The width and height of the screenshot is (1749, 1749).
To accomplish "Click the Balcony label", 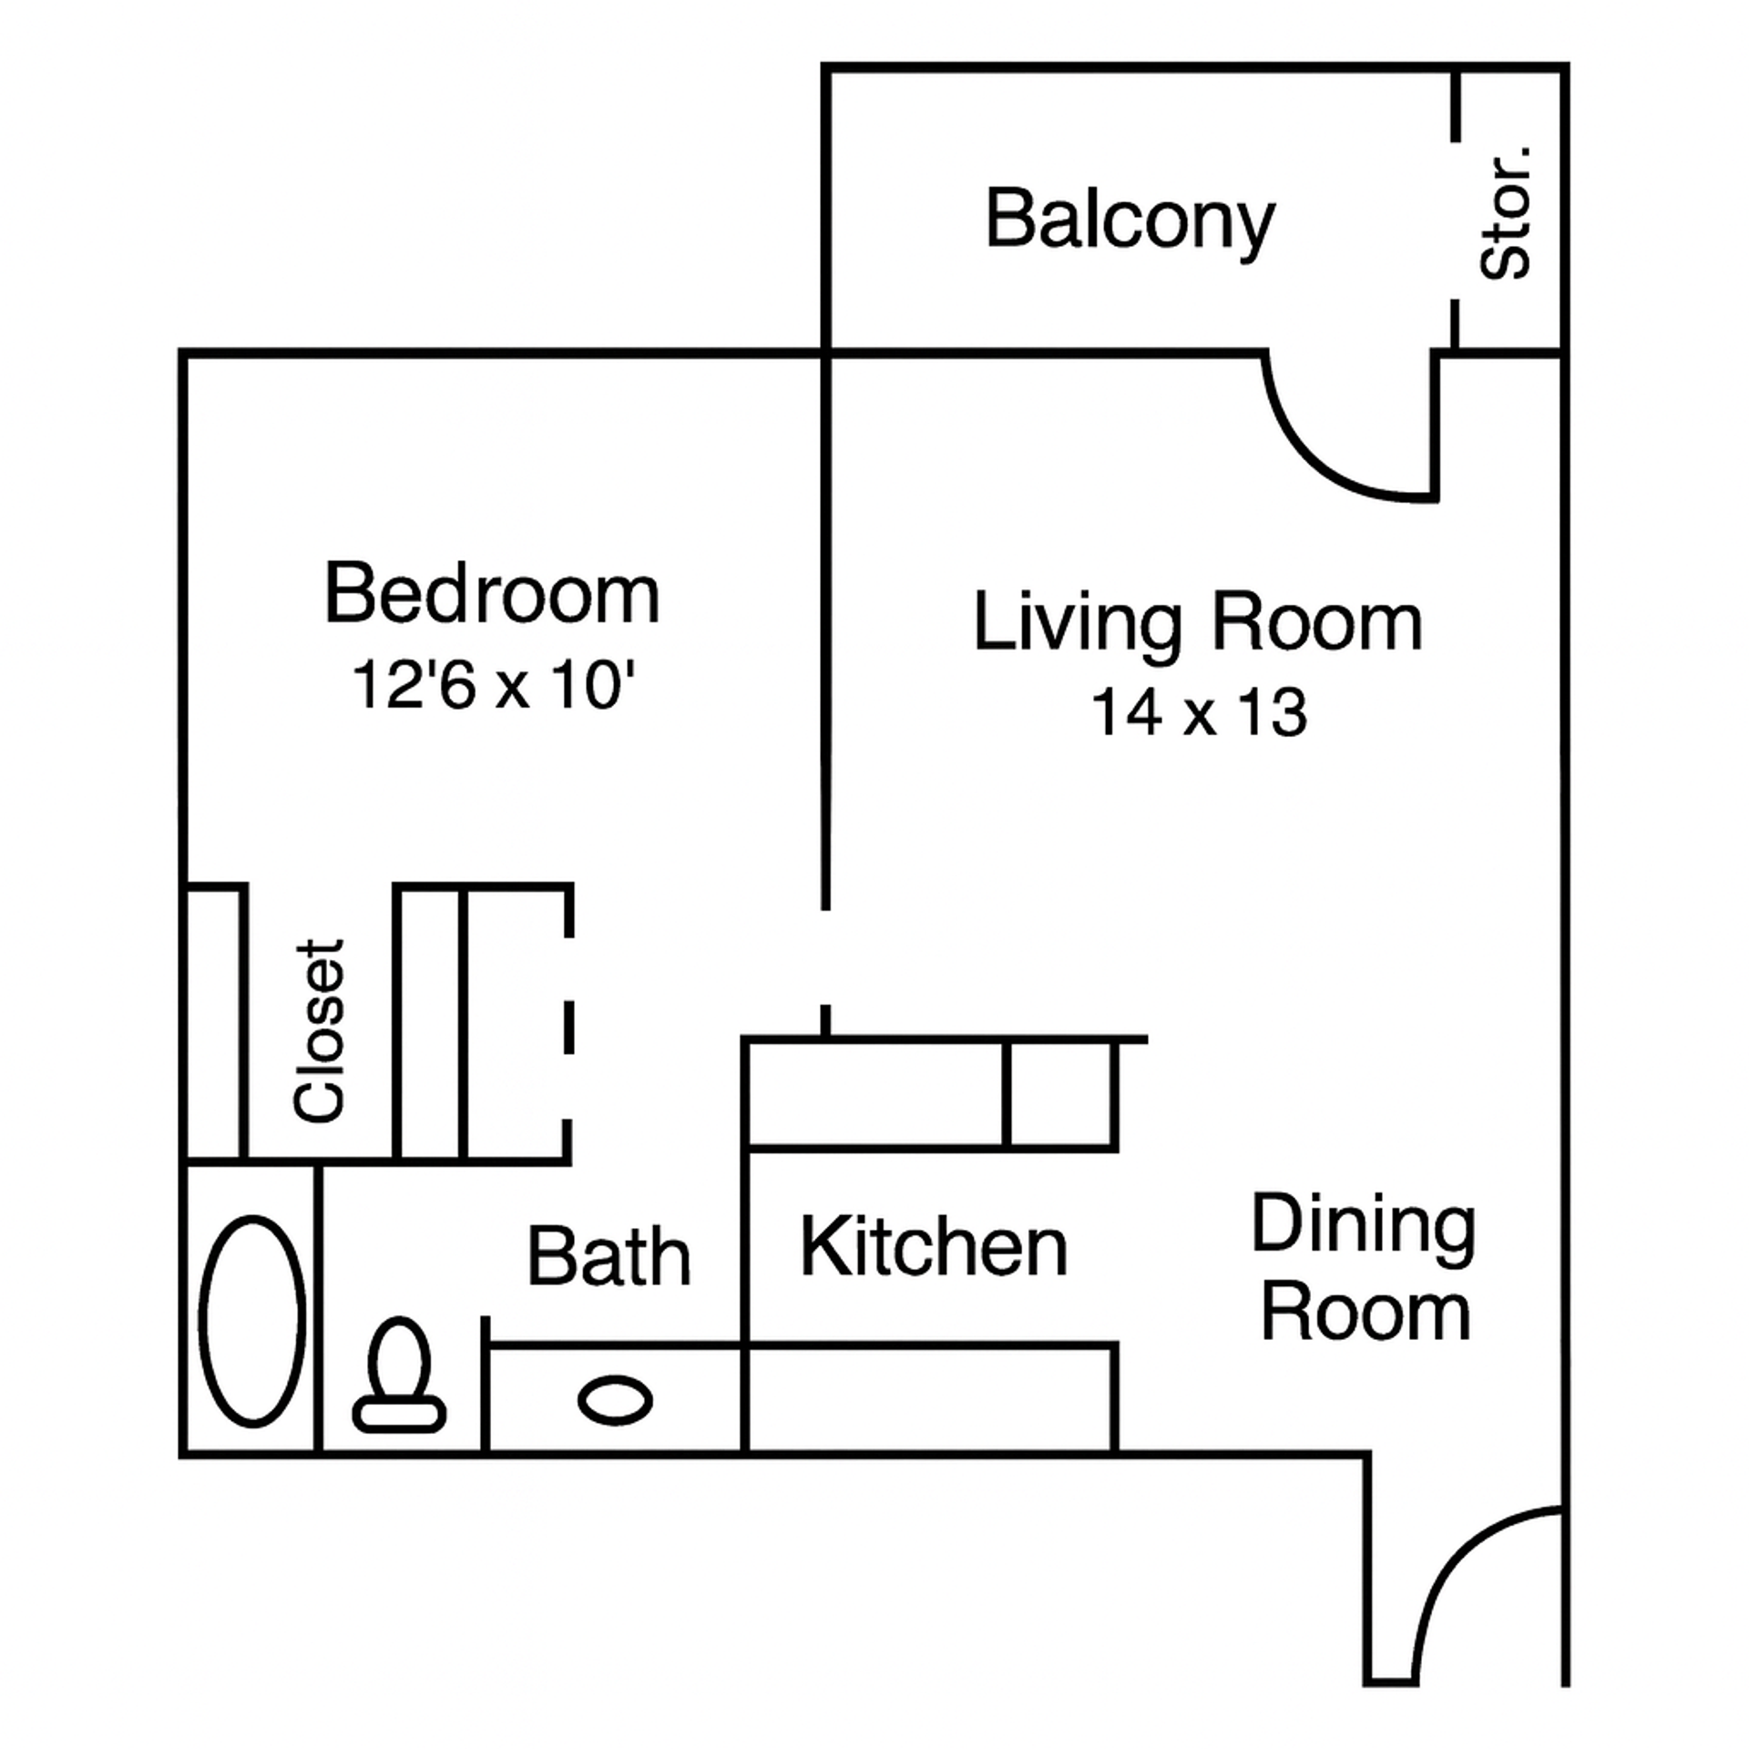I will [1129, 220].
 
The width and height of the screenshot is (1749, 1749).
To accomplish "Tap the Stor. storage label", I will [1506, 213].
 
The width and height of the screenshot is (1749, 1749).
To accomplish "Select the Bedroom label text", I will [492, 595].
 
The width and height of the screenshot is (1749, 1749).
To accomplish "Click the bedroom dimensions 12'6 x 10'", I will [492, 685].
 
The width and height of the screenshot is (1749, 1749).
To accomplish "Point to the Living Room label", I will [1197, 623].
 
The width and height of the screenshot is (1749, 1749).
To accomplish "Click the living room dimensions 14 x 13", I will [1199, 712].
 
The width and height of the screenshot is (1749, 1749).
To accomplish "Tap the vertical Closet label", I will [320, 1030].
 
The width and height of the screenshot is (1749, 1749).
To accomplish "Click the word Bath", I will [609, 1258].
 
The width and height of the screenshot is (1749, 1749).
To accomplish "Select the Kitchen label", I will [933, 1248].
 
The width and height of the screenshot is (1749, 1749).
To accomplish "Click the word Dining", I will [1363, 1225].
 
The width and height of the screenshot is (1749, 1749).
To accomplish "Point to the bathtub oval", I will [252, 1321].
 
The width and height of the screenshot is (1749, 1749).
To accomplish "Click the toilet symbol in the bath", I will [399, 1375].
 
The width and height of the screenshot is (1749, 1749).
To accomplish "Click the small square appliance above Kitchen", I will [1060, 1094].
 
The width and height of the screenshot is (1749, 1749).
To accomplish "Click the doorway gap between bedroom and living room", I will [825, 956].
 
